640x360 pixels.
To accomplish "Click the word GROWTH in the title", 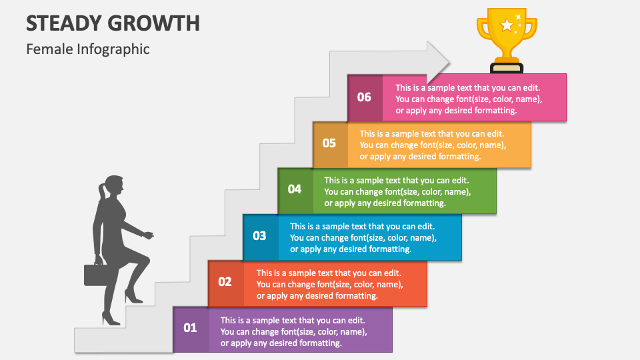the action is (151, 23).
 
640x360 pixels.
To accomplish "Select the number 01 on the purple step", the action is (190, 328).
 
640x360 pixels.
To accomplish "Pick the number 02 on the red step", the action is (225, 281).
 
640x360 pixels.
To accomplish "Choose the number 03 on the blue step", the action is (259, 235).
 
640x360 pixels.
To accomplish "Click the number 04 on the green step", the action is (295, 189).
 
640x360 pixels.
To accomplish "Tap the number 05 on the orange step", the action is (329, 143).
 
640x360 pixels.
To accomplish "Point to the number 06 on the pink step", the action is (364, 97).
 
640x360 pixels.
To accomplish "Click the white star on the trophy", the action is (507, 25).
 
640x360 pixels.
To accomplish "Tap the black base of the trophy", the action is (507, 68).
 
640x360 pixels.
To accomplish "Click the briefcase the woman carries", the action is (96, 274).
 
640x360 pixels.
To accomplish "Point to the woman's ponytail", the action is (101, 193).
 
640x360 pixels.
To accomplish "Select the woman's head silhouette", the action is (113, 187).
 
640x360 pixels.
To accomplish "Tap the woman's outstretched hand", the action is (148, 235).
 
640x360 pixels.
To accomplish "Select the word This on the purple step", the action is (228, 321).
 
